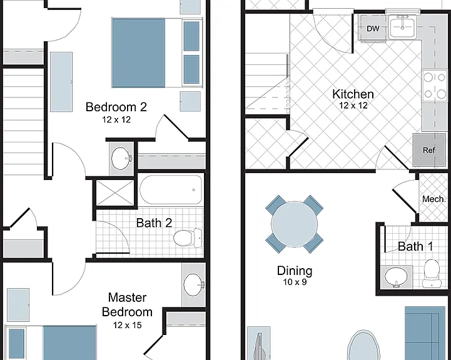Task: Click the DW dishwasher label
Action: click(373, 29)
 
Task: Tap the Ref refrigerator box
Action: click(429, 150)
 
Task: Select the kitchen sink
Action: click(402, 27)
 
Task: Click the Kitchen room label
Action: click(353, 94)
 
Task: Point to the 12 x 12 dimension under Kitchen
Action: click(353, 106)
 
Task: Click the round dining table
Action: click(294, 224)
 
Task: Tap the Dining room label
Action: click(295, 271)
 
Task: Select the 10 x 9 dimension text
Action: click(295, 282)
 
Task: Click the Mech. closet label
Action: click(434, 199)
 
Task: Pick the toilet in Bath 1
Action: click(432, 273)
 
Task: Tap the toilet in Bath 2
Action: click(188, 238)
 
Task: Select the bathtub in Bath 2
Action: click(171, 189)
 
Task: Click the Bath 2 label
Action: click(154, 222)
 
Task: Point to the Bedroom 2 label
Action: click(116, 107)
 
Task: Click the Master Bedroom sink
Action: click(193, 285)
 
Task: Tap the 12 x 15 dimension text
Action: click(127, 325)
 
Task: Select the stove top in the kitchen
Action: click(435, 86)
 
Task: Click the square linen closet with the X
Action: click(115, 192)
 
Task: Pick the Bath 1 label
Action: click(415, 246)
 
